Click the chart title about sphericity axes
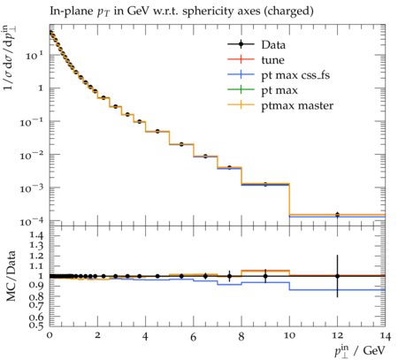[181, 11]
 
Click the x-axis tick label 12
[337, 335]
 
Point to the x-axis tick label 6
[193, 337]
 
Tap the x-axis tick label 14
[386, 336]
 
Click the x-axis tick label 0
[50, 335]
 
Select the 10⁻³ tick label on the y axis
[32, 188]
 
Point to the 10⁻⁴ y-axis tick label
[32, 221]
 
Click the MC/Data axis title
[11, 276]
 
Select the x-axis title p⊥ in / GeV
[360, 350]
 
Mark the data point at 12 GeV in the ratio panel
[337, 276]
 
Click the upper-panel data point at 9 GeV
[265, 185]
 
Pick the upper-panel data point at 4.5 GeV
[157, 131]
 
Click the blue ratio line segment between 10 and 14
[337, 290]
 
